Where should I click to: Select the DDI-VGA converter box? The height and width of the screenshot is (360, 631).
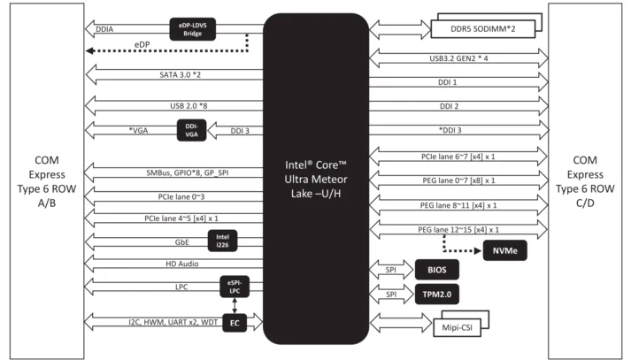point(191,131)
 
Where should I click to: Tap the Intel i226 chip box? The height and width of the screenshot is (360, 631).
point(222,240)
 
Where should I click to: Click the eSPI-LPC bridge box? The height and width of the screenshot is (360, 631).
point(234,286)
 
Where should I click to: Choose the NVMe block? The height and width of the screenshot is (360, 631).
point(500,250)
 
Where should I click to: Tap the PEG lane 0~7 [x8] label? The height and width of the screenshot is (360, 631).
point(458,180)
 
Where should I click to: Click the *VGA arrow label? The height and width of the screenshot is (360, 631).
point(139,131)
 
